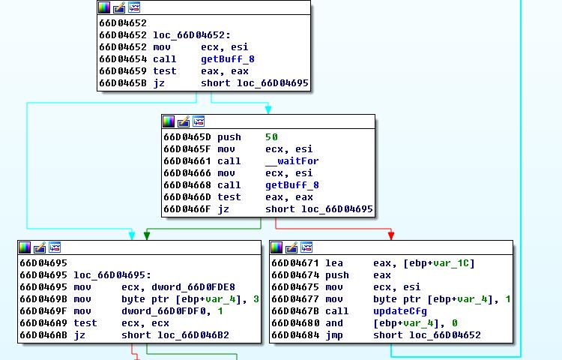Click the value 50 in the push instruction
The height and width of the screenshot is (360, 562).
pyautogui.click(x=271, y=137)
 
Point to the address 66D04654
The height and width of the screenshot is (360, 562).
pyautogui.click(x=122, y=59)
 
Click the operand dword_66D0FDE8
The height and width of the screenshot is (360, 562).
pyautogui.click(x=178, y=287)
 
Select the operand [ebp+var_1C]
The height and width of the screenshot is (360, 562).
pyautogui.click(x=423, y=263)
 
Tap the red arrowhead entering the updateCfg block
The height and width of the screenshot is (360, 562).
pyautogui.click(x=391, y=235)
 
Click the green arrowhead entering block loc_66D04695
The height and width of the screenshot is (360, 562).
pyautogui.click(x=147, y=235)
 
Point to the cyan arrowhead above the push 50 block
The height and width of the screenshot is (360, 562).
pyautogui.click(x=268, y=109)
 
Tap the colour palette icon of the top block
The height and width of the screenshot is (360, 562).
pyautogui.click(x=104, y=7)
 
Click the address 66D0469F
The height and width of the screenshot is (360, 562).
pyautogui.click(x=43, y=311)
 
